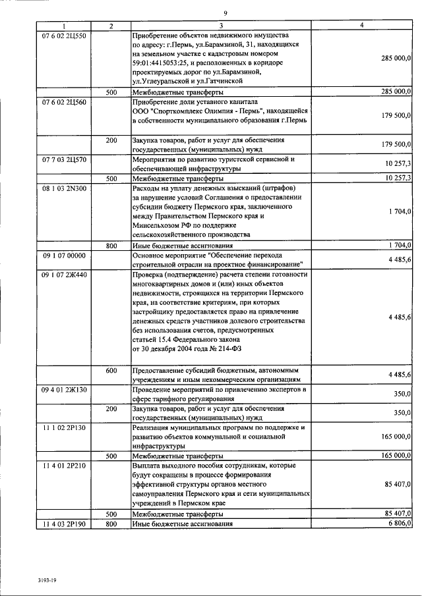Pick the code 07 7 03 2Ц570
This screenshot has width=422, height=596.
[64, 159]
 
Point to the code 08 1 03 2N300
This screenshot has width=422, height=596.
[63, 188]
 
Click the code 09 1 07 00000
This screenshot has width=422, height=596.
[63, 255]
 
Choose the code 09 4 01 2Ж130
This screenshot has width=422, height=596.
[63, 390]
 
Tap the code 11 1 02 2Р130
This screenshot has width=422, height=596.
[63, 427]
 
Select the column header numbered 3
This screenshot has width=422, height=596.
[221, 25]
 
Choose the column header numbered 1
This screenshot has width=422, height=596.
[63, 25]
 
